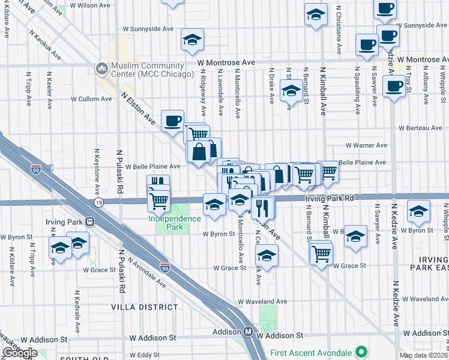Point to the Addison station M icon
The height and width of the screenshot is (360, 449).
[x=247, y=331]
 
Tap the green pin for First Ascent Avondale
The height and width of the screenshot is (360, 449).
[x=360, y=352]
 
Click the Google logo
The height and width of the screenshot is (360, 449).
[x=20, y=353]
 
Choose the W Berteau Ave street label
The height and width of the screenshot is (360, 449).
[x=421, y=128]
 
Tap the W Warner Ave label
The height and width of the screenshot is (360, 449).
[x=366, y=145]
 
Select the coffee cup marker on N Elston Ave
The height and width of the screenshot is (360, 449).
[x=172, y=121]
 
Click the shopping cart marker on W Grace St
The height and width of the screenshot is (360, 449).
[x=321, y=253]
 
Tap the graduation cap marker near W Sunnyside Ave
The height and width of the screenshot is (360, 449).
[x=193, y=40]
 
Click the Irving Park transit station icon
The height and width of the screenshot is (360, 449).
[x=90, y=221]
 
